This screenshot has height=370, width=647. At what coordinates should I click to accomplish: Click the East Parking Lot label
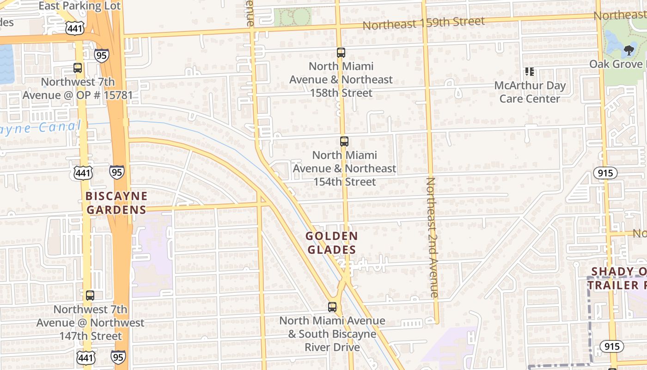(x=79, y=6)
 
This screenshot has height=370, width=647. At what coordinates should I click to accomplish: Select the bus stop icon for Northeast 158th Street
(x=341, y=53)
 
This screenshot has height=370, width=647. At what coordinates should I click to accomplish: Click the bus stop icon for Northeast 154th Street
(x=344, y=142)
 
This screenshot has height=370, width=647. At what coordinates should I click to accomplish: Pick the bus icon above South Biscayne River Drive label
(x=332, y=307)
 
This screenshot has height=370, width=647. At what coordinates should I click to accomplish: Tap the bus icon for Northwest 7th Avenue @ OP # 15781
(x=78, y=68)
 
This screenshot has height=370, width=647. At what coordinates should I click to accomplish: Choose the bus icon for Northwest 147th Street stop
(x=90, y=296)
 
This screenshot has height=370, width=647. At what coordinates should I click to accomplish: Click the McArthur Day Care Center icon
(x=530, y=72)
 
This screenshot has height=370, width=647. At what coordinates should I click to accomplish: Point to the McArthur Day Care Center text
(x=530, y=92)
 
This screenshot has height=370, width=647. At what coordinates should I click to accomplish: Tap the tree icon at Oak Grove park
(x=629, y=50)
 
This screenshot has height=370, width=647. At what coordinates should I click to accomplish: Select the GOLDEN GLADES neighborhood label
(x=331, y=243)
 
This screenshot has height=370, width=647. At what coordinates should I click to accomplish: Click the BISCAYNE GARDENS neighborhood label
(x=116, y=203)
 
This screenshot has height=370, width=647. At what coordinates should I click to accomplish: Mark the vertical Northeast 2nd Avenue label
(x=432, y=237)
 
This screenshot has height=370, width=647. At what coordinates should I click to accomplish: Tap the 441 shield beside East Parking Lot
(x=74, y=29)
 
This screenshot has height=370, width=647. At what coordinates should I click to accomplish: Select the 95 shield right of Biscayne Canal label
(x=117, y=172)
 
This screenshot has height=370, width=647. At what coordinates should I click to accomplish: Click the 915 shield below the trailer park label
(x=612, y=346)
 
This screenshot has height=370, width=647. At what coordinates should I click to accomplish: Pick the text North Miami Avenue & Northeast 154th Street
(x=345, y=168)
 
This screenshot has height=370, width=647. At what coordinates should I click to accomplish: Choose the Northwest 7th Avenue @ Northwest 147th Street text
(x=91, y=322)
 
